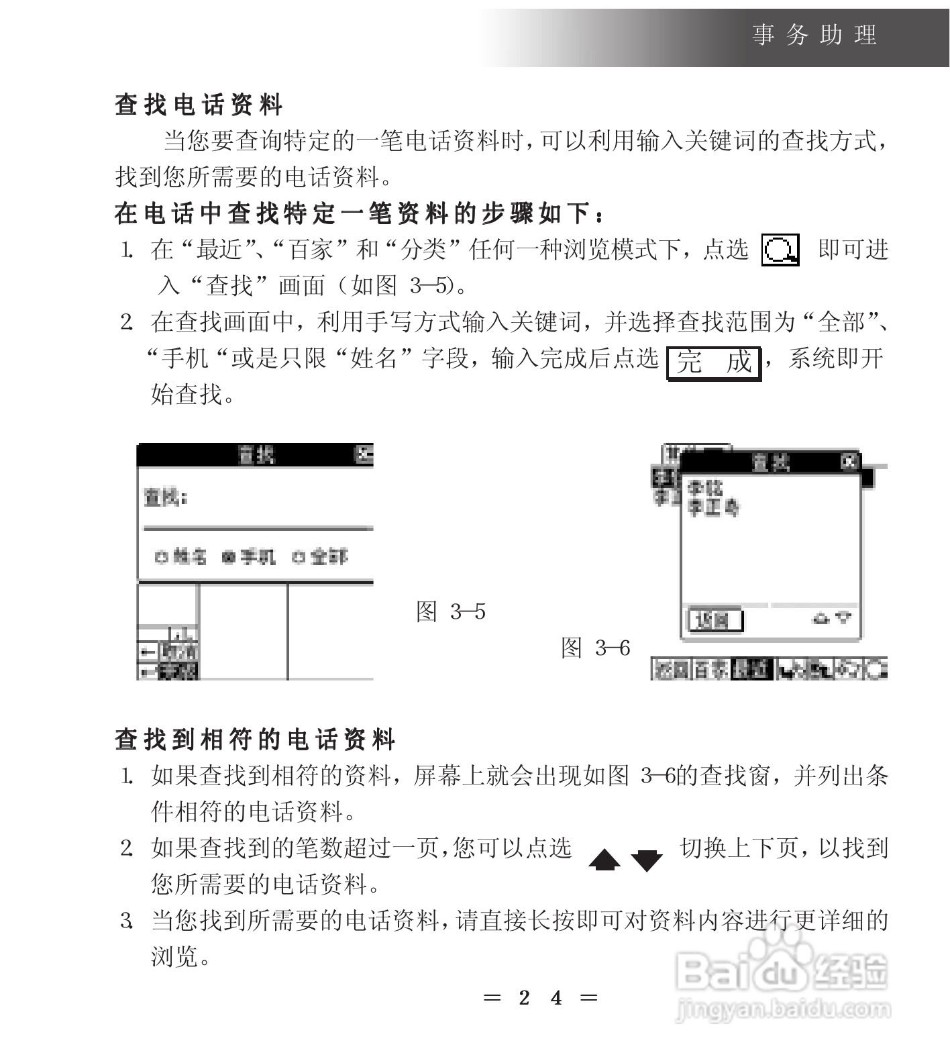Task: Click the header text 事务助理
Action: pos(814,35)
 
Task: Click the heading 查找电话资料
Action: pos(199,105)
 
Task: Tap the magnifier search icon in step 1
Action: pos(780,251)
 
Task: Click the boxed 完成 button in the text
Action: pos(714,362)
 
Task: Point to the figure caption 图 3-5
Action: pos(450,611)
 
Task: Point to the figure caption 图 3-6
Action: pos(595,648)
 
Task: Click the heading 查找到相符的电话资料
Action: pos(255,740)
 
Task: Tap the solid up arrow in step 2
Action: pos(604,860)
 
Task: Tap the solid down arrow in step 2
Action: pos(647,860)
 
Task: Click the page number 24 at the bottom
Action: pos(540,998)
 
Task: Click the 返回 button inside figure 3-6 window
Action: pos(715,620)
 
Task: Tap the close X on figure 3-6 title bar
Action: pos(849,462)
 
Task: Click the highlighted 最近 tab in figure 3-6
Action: pos(751,669)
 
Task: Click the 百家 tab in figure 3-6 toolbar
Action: pos(710,669)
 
